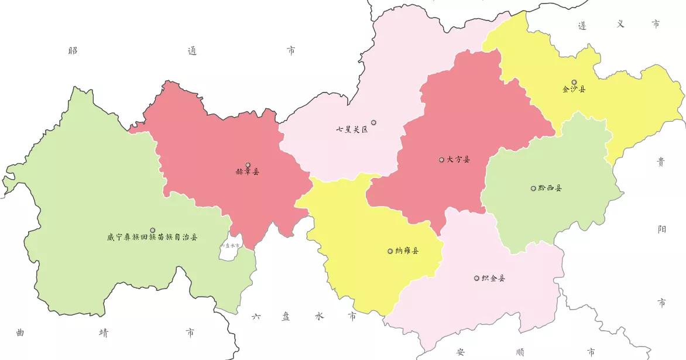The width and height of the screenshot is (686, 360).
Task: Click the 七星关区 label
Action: pyautogui.click(x=352, y=129)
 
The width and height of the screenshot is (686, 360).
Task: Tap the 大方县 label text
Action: pyautogui.click(x=458, y=159)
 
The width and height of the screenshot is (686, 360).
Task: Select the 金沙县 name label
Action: pyautogui.click(x=574, y=90)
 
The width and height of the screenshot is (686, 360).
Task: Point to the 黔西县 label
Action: pyautogui.click(x=550, y=188)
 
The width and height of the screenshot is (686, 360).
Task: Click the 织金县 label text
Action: pyautogui.click(x=493, y=278)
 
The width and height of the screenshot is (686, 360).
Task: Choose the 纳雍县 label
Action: pyautogui.click(x=407, y=251)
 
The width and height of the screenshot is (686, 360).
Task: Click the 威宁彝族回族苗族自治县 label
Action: pyautogui.click(x=152, y=238)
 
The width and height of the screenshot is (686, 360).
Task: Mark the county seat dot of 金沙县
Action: pyautogui.click(x=574, y=82)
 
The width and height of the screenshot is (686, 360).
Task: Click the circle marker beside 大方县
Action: pyautogui.click(x=441, y=159)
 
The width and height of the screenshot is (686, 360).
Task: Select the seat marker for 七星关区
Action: pyautogui.click(x=373, y=122)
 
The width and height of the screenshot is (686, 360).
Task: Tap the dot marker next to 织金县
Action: pyautogui.click(x=476, y=278)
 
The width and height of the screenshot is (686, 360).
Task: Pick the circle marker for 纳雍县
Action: pyautogui.click(x=390, y=251)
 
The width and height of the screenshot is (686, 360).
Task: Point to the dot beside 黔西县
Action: pyautogui.click(x=533, y=188)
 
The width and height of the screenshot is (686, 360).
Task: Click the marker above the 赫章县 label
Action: pyautogui.click(x=248, y=165)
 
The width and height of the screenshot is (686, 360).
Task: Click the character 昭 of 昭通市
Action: pyautogui.click(x=73, y=51)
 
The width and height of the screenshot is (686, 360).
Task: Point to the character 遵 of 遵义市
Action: pyautogui.click(x=582, y=25)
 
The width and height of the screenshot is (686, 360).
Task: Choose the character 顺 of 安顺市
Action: pyautogui.click(x=520, y=352)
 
